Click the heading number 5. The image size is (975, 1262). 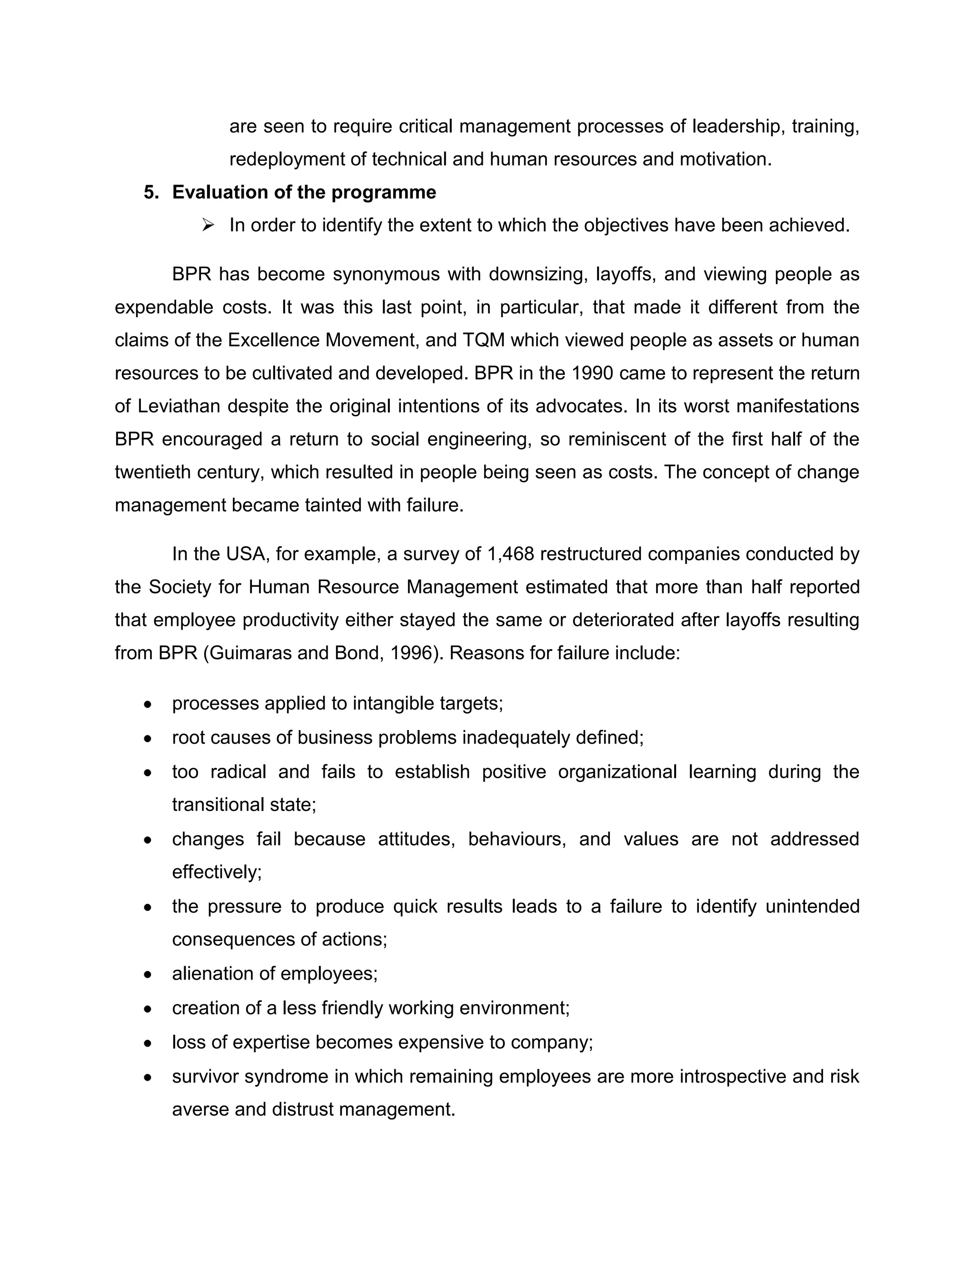pos(151,192)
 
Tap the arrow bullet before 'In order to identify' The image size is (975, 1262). pos(208,225)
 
